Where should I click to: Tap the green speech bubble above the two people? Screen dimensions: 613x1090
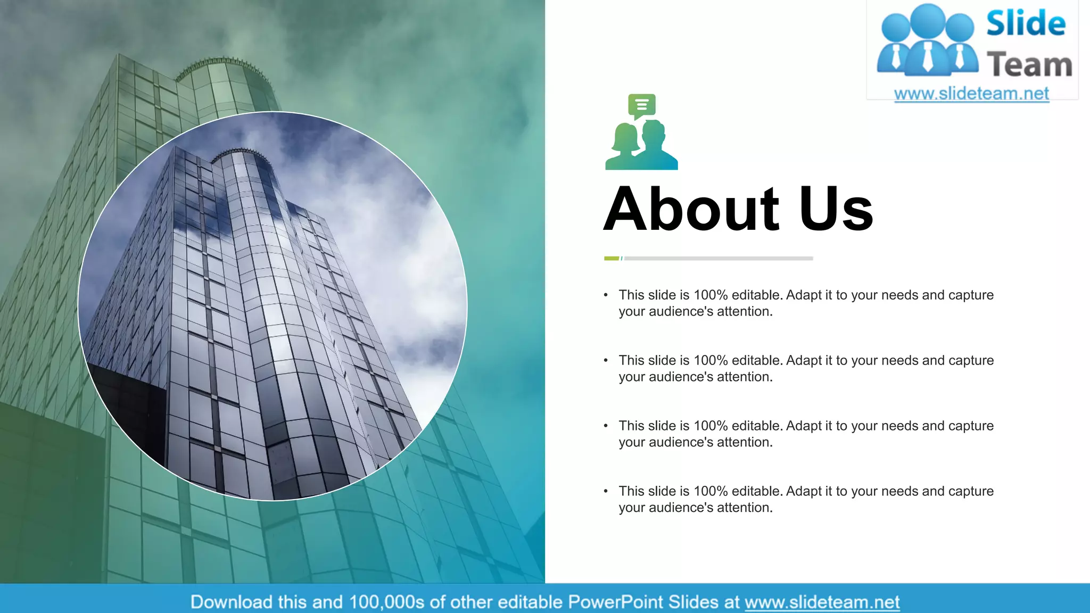coord(641,105)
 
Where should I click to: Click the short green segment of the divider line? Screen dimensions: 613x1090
coord(612,259)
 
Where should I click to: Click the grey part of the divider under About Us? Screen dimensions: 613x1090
coord(719,259)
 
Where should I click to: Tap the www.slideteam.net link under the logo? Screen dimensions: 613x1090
coord(971,94)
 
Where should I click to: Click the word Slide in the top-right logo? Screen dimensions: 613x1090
coord(1026,24)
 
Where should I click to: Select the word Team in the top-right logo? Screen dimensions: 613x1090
coord(1029,65)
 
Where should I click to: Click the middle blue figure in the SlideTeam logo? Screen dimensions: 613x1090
coord(928,43)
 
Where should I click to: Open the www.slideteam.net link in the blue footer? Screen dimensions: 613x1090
coord(822,602)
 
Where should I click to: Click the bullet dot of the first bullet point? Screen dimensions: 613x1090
coord(606,295)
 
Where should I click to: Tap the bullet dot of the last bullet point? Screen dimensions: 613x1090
coord(606,491)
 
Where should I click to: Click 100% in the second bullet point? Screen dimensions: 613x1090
coord(711,361)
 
